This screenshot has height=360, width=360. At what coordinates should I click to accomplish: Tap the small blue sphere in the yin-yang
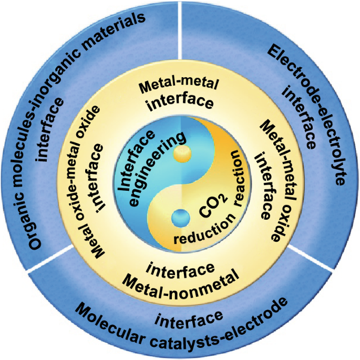coord(179,216)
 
